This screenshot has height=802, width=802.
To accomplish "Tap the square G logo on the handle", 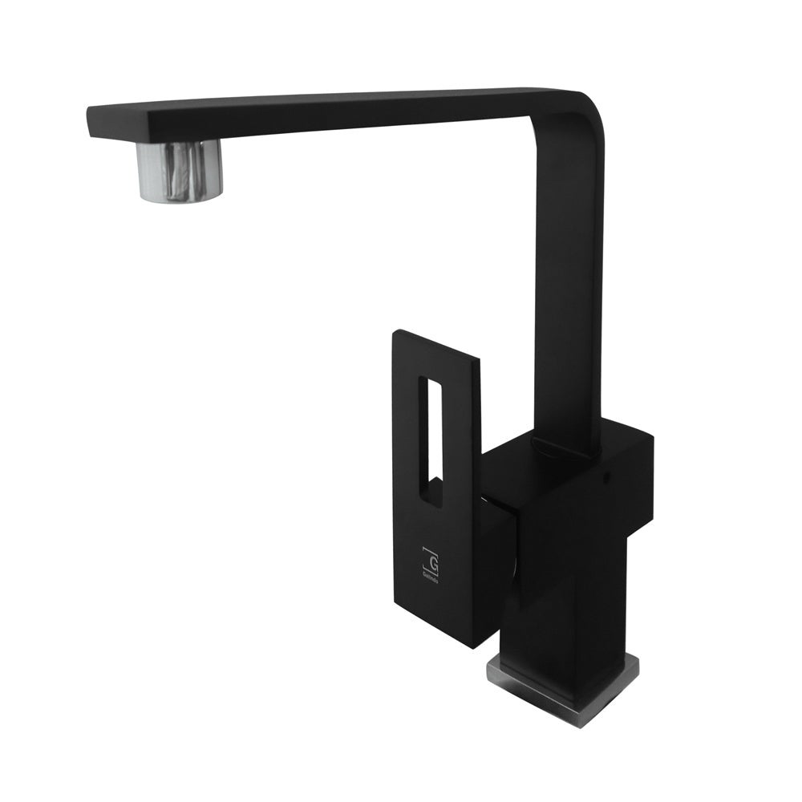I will [431, 557].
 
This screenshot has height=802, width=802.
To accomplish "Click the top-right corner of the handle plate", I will [479, 358].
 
